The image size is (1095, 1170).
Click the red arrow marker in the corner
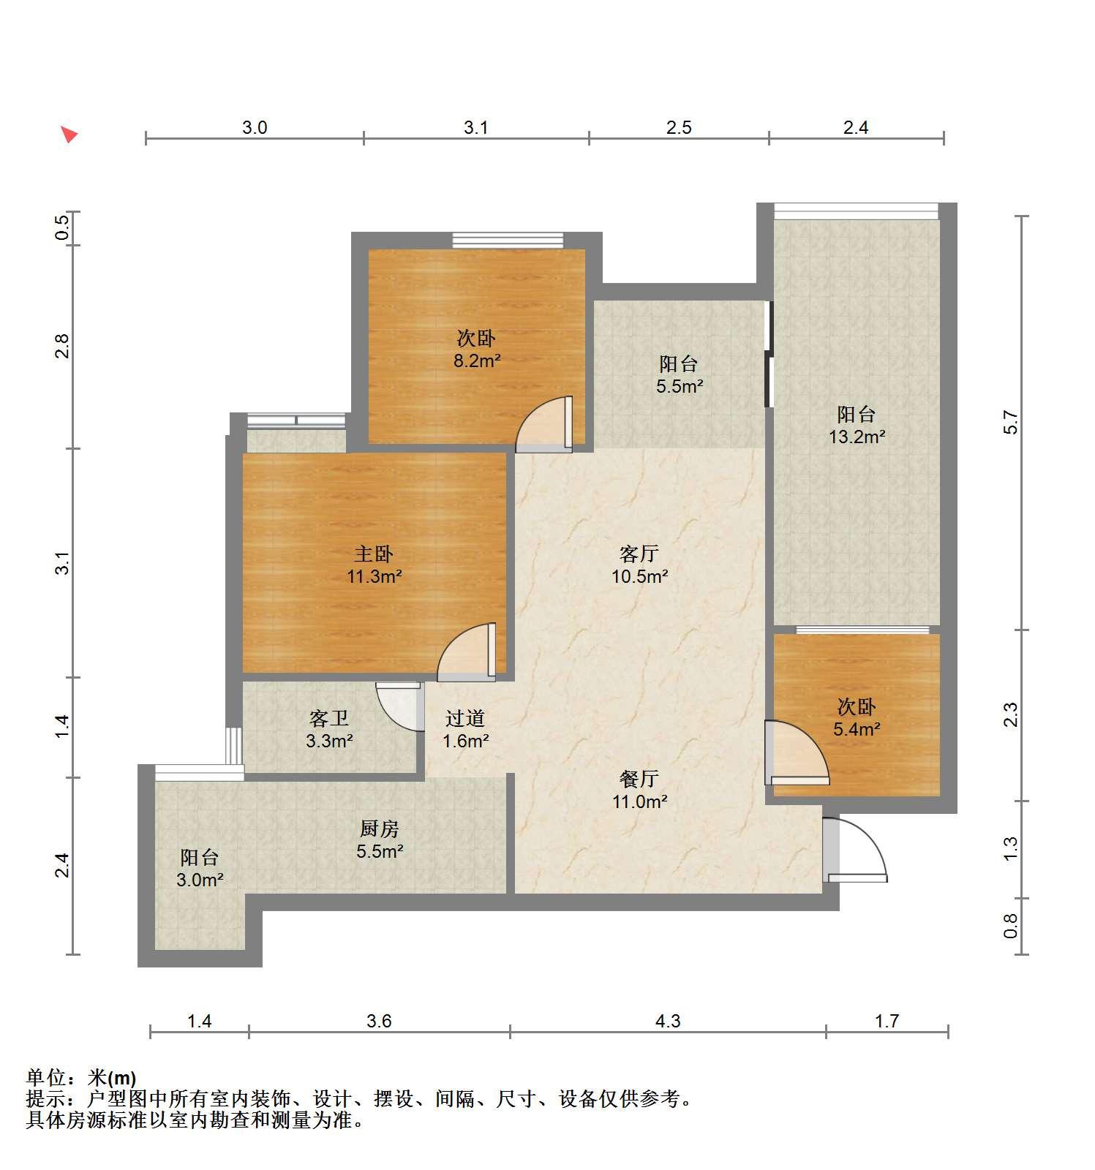(69, 134)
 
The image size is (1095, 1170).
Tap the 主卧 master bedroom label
(374, 554)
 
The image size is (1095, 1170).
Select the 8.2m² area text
(477, 361)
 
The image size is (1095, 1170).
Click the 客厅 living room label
(639, 554)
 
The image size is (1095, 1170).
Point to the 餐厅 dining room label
(639, 779)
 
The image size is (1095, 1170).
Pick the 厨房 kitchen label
(380, 829)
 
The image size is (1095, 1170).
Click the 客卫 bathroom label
(329, 719)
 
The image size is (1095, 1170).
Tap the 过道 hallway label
(465, 719)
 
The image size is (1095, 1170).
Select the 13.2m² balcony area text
(857, 437)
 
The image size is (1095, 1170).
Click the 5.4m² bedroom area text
(857, 729)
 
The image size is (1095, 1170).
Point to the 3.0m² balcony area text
(200, 880)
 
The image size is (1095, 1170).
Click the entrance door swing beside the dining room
(854, 850)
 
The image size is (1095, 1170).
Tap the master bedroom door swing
(467, 652)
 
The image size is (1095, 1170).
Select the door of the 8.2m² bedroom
(544, 424)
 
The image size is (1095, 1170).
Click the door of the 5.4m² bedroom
(797, 752)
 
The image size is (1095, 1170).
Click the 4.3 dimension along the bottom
(668, 1021)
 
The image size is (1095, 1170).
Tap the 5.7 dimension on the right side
(1010, 423)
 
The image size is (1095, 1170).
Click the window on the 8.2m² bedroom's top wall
(508, 240)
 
